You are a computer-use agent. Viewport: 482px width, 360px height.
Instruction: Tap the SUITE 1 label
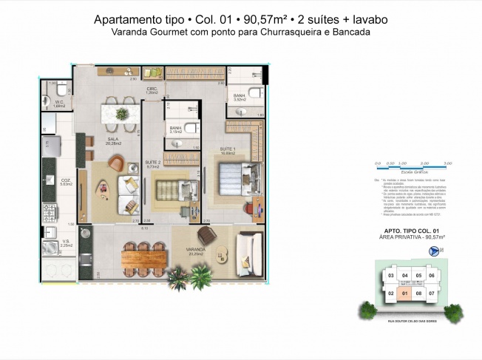(226, 149)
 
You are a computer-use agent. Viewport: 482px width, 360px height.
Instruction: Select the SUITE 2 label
(153, 163)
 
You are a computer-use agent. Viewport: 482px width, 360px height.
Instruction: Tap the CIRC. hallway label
(152, 89)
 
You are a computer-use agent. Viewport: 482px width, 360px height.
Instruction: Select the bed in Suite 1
(238, 180)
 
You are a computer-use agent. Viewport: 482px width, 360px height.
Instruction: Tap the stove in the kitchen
(54, 214)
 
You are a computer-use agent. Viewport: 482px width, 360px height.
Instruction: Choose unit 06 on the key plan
(432, 276)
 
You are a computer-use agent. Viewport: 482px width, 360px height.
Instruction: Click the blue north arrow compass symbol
(433, 251)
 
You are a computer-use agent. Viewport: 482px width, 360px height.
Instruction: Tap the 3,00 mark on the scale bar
(448, 162)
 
